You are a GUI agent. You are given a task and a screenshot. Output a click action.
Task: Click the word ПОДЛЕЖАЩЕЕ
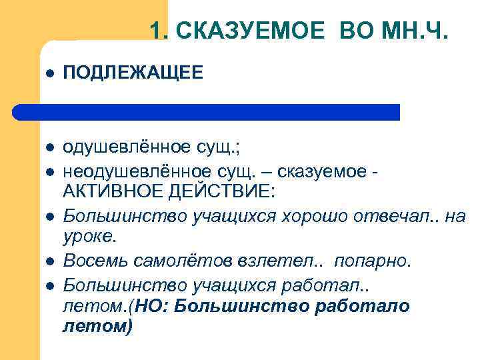[x=133, y=73]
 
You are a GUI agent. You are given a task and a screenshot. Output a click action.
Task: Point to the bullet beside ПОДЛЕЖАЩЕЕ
[x=49, y=74]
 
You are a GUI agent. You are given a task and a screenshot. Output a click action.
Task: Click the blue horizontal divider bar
[x=207, y=112]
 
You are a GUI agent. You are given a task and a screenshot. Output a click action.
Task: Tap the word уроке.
[x=89, y=236]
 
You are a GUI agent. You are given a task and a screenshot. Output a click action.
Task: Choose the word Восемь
[x=92, y=259]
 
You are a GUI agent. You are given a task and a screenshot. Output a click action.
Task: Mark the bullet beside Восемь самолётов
[x=49, y=261]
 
